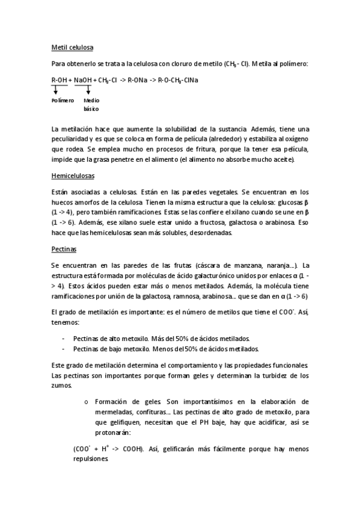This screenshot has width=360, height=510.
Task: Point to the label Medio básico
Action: coord(91,105)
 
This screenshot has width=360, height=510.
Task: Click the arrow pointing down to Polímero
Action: coord(56,89)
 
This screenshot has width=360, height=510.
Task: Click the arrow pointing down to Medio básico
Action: coord(88,89)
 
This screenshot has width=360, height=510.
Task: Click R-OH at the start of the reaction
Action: coord(59,79)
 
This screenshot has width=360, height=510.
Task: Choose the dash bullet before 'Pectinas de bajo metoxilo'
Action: coord(64,348)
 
